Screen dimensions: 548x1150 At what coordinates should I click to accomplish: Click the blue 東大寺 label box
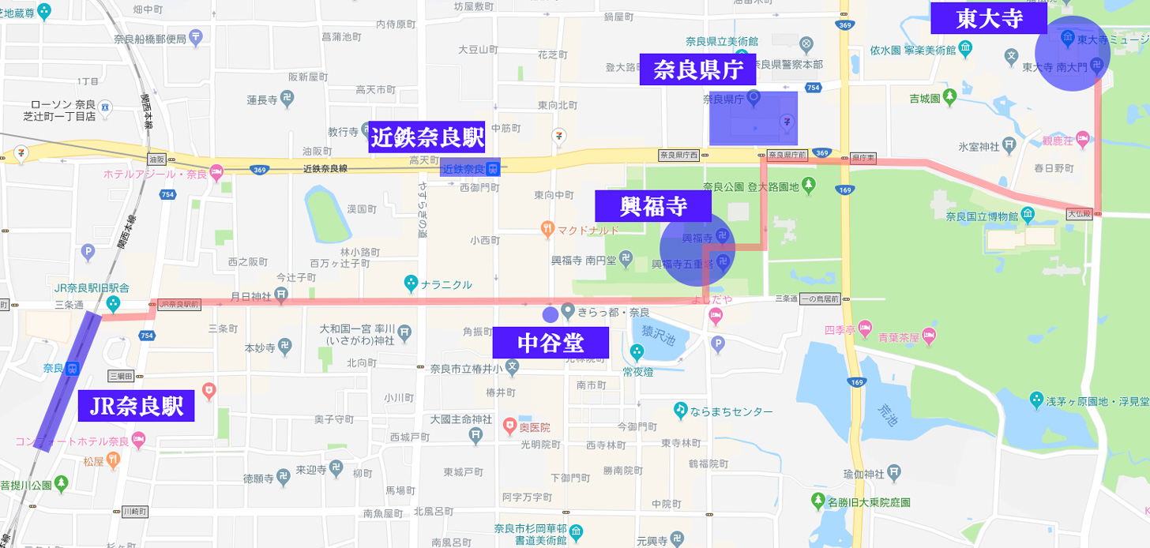988,19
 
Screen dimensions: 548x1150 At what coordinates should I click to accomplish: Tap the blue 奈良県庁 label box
697,69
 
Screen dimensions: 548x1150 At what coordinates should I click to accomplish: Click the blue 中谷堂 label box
551,343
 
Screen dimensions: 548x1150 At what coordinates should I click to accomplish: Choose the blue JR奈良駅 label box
137,406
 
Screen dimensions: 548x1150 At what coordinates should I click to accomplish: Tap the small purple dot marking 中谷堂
550,314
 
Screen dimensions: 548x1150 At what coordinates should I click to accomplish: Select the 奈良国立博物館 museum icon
1027,214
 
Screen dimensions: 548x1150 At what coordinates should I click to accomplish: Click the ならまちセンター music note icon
680,411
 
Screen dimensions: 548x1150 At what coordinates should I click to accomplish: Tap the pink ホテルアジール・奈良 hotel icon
216,171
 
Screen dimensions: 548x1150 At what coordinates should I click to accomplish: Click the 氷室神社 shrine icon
1008,145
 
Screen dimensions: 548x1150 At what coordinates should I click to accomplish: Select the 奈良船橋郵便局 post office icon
196,36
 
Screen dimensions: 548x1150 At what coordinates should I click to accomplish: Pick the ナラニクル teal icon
410,283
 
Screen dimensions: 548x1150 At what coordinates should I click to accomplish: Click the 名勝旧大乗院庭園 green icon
818,501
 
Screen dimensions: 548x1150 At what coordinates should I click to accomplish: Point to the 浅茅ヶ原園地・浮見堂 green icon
1035,399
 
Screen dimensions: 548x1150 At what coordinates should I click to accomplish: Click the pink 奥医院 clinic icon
510,426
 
